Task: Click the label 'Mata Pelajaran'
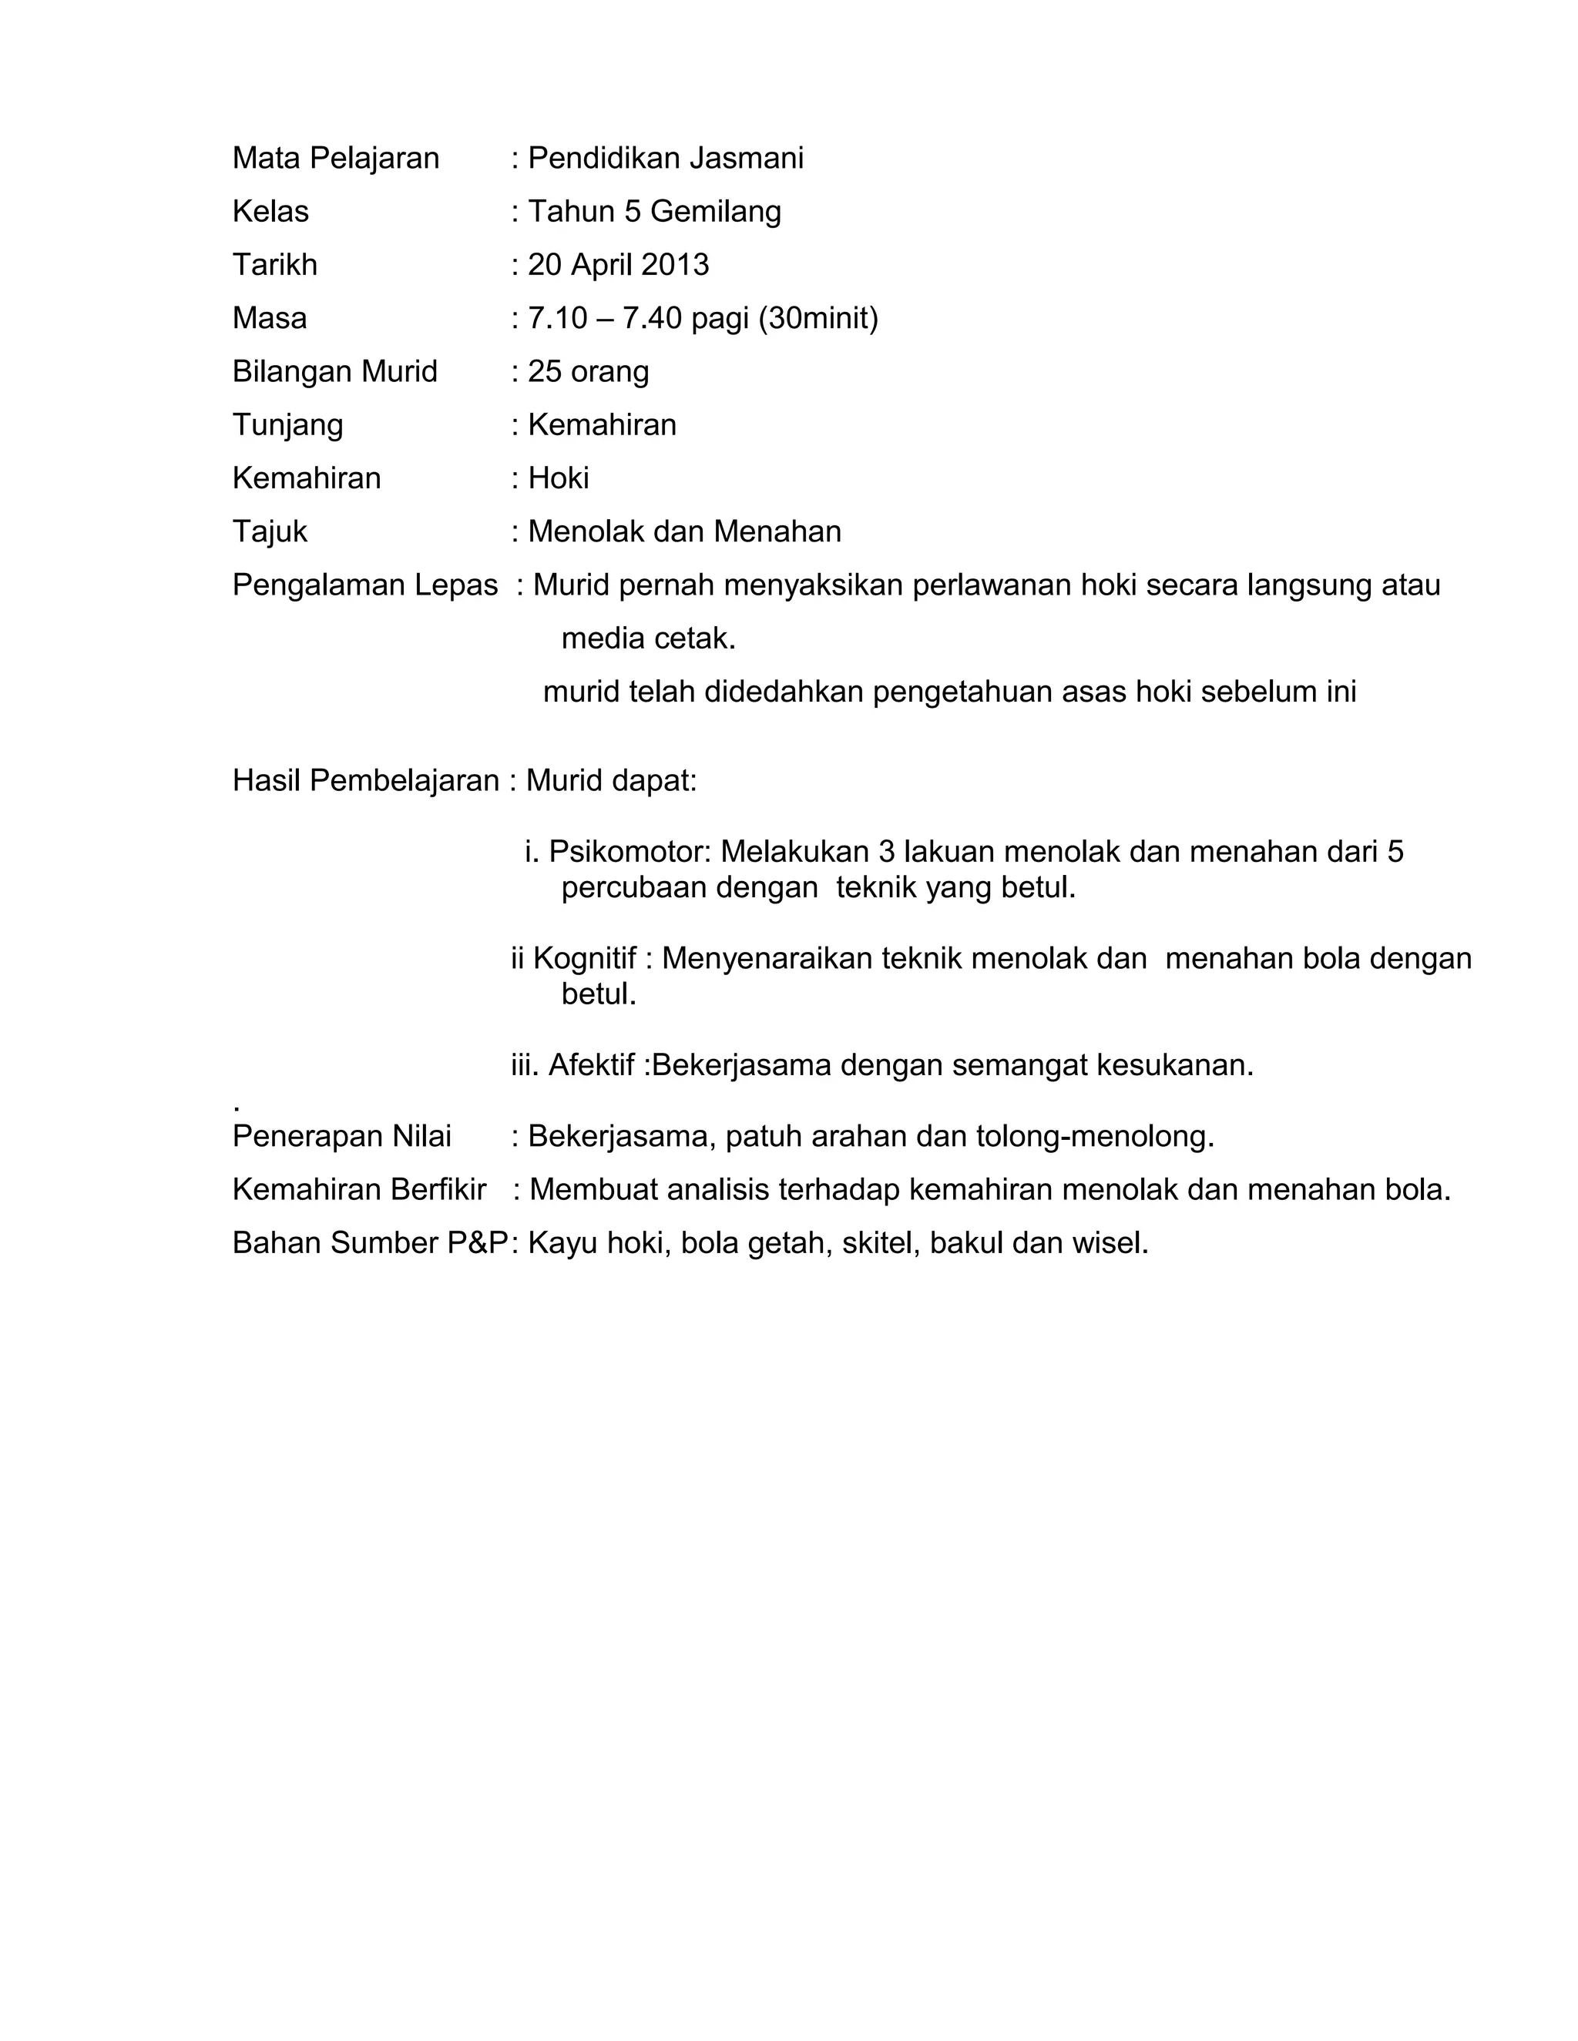tap(336, 159)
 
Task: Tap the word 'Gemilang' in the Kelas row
tap(715, 212)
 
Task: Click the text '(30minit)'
tap(818, 319)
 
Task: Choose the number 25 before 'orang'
tap(545, 372)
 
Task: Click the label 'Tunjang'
tap(288, 425)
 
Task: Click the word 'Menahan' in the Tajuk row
tap(777, 531)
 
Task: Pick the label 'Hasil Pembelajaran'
tap(365, 780)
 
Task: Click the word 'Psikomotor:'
tap(630, 851)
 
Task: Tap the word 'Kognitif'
tap(584, 958)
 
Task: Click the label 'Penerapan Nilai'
tap(341, 1136)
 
